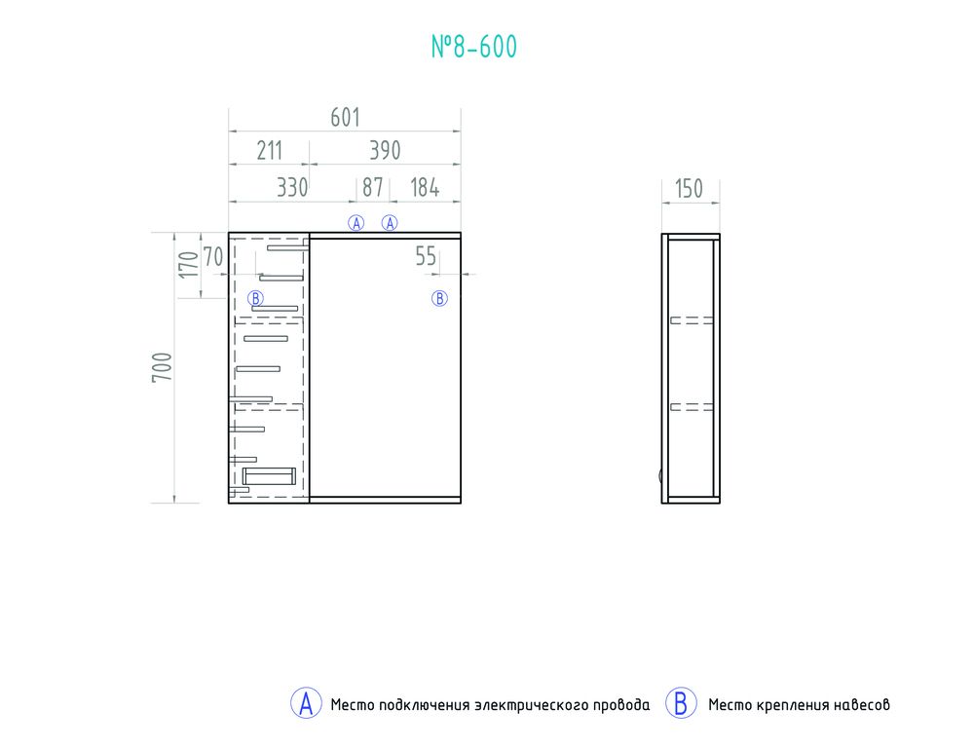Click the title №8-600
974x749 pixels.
(x=474, y=47)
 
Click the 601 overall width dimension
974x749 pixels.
(x=345, y=118)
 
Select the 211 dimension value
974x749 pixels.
(x=269, y=150)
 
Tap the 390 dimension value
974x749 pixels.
(x=385, y=150)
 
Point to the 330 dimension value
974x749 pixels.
(x=292, y=187)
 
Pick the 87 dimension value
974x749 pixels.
(x=373, y=187)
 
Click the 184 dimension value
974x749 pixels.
(x=425, y=187)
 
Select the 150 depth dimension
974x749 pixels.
(x=689, y=188)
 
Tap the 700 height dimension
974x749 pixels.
(x=162, y=366)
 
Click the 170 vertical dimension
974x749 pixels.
(x=188, y=264)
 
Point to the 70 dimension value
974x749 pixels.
(x=212, y=256)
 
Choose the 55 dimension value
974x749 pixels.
(x=426, y=256)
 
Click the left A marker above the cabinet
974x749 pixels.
(x=356, y=223)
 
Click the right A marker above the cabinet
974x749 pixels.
(x=390, y=223)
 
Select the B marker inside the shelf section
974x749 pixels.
(x=255, y=298)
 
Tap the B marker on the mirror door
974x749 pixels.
(x=439, y=299)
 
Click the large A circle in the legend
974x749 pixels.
(x=306, y=703)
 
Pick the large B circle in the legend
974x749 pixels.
(x=681, y=703)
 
